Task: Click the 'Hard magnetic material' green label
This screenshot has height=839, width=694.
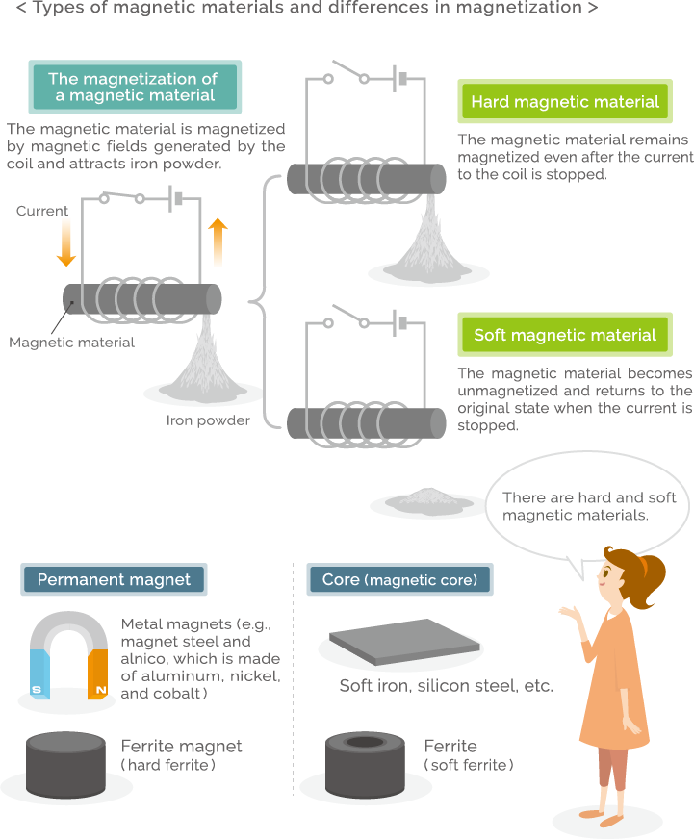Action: coord(565,102)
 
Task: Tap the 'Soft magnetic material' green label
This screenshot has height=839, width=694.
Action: coord(565,335)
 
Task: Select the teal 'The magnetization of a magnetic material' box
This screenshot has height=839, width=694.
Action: coord(134,87)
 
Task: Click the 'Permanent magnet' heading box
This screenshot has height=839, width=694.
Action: coord(114,579)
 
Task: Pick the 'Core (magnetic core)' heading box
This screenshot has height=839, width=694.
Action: coord(399,579)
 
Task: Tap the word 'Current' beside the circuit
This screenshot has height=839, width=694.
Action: coord(42,211)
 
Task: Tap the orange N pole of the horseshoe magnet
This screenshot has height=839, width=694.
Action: coord(98,674)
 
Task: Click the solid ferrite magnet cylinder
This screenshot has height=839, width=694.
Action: coord(65,763)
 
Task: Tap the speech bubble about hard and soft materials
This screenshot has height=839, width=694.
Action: coord(589,506)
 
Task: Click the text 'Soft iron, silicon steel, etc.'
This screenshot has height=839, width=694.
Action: coord(446,686)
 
